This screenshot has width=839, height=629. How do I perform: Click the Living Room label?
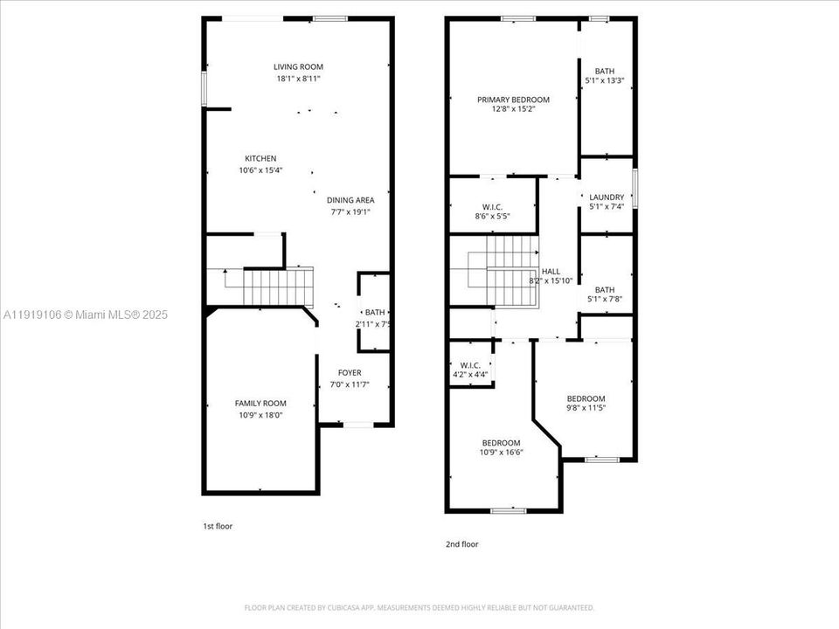coord(298,66)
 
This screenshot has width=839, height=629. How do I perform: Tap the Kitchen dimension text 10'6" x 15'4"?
coord(260,170)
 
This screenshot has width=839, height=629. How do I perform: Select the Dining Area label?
coord(351,200)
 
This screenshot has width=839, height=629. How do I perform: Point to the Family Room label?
coord(260,403)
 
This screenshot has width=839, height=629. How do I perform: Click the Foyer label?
coord(350,372)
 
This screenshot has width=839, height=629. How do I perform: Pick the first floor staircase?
coord(277,285)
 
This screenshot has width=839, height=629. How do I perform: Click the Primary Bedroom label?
coord(513,100)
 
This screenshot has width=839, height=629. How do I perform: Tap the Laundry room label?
coord(607,197)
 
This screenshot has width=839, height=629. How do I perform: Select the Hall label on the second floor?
coord(551,271)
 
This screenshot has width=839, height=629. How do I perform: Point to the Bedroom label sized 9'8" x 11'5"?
coord(586,398)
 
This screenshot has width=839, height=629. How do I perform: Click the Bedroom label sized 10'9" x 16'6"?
coord(501,442)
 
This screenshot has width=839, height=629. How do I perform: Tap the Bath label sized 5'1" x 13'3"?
coord(605,72)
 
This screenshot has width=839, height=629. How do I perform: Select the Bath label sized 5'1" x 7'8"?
coord(605,290)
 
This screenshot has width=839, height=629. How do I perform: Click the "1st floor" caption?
coord(218,526)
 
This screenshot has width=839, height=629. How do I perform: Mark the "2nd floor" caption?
coord(462,543)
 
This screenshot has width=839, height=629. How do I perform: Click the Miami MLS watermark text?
coord(86,314)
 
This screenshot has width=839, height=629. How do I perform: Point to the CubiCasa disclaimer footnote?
coord(419,607)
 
